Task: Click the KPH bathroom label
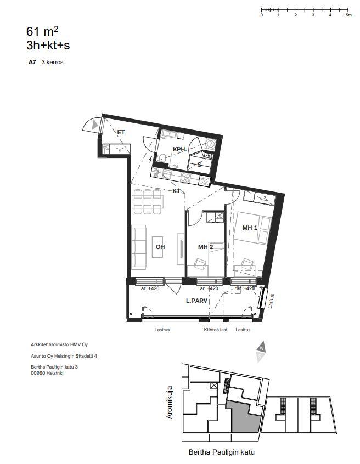[x=179, y=149]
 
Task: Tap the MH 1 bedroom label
[x=250, y=228]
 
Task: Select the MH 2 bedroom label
[x=205, y=247]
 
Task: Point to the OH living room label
[x=160, y=247]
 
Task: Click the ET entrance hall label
[x=121, y=132]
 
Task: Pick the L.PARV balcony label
[x=196, y=301]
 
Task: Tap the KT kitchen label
[x=177, y=191]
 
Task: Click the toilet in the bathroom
[x=162, y=158]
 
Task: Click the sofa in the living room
[x=139, y=247]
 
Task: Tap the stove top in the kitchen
[x=185, y=177]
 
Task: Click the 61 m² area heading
[x=42, y=31]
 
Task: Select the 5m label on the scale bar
[x=348, y=15]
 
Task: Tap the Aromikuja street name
[x=170, y=402]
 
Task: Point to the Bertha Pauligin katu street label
[x=222, y=452]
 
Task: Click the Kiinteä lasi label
[x=215, y=330]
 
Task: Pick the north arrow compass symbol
[x=261, y=352]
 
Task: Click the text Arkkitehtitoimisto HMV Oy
[x=59, y=344]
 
